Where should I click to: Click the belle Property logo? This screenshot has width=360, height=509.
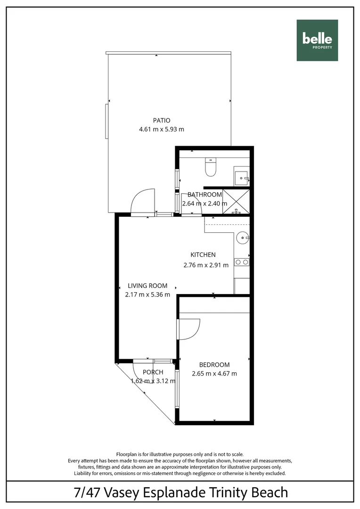pyautogui.click(x=317, y=41)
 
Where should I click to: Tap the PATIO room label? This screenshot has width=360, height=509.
pyautogui.click(x=161, y=120)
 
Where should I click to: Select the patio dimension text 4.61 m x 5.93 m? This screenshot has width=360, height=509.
pyautogui.click(x=161, y=129)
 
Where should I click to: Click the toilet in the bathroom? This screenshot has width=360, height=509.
pyautogui.click(x=211, y=168)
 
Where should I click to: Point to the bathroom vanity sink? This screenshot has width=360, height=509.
pyautogui.click(x=242, y=178)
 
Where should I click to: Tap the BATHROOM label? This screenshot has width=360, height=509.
pyautogui.click(x=205, y=195)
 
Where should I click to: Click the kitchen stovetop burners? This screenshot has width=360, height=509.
pyautogui.click(x=242, y=262)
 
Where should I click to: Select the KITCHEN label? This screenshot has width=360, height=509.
pyautogui.click(x=203, y=255)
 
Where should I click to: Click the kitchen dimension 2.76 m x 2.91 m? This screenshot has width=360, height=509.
pyautogui.click(x=206, y=265)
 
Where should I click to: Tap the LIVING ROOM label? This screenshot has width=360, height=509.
pyautogui.click(x=148, y=286)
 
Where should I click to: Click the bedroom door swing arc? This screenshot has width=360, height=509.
pyautogui.click(x=190, y=328)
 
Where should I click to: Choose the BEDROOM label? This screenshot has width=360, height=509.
pyautogui.click(x=214, y=365)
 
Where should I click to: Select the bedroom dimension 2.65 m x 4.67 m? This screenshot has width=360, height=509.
pyautogui.click(x=214, y=374)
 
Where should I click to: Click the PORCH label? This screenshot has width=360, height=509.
pyautogui.click(x=153, y=372)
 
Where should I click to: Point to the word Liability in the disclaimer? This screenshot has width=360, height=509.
pyautogui.click(x=84, y=473)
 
